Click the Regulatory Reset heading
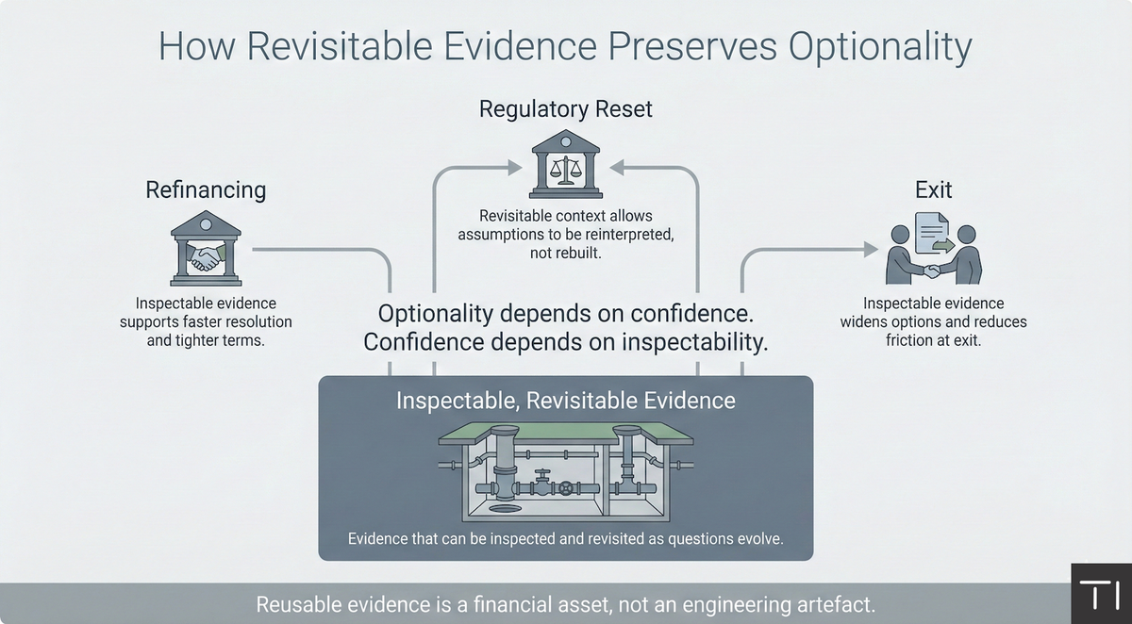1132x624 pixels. (566, 109)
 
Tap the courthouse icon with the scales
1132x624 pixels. (566, 165)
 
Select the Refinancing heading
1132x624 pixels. (206, 190)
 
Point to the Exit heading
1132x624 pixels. (933, 190)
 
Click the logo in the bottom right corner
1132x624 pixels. (1101, 595)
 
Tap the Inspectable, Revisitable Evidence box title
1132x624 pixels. (566, 400)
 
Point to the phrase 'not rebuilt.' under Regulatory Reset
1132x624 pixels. (566, 253)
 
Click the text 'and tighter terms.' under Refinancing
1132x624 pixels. (206, 340)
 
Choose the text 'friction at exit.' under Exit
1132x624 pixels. (933, 340)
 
